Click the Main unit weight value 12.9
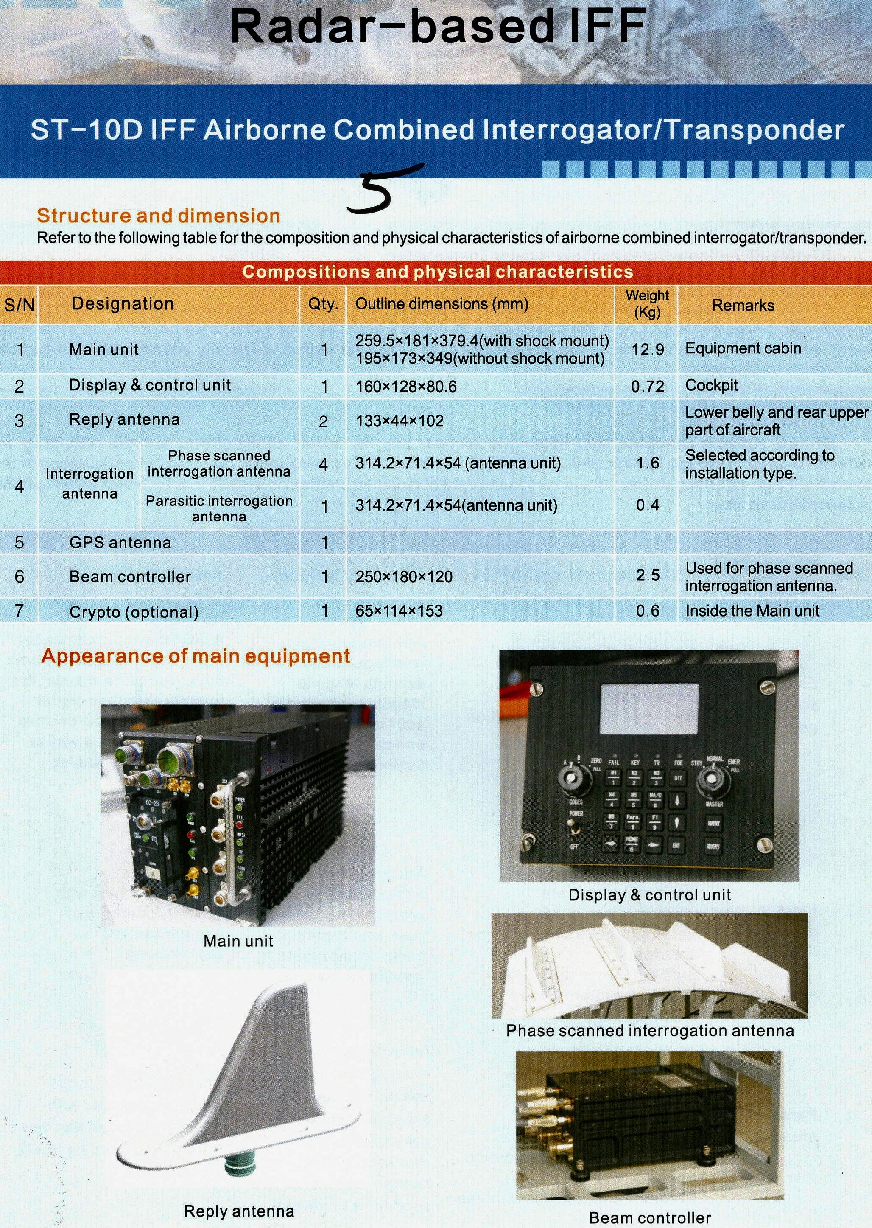(648, 350)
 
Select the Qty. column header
(323, 304)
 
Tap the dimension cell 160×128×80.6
(406, 387)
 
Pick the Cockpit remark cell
(711, 385)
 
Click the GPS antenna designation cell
(120, 543)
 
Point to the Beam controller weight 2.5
(648, 575)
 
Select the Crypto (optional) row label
(134, 612)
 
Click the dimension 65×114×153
(399, 611)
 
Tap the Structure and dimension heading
(158, 216)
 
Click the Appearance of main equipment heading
(196, 656)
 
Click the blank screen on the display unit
(649, 709)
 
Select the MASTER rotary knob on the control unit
(713, 779)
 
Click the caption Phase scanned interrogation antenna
(650, 1030)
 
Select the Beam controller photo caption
(650, 1217)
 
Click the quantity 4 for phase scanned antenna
(323, 464)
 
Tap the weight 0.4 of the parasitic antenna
(648, 505)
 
